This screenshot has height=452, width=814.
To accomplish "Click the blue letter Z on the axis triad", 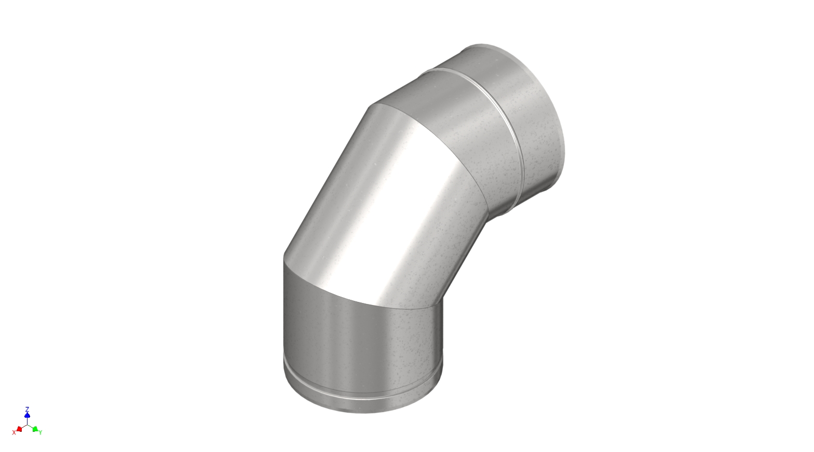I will tap(27, 409).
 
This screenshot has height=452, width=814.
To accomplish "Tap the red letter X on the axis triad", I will tap(14, 432).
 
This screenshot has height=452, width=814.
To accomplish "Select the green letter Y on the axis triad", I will tap(40, 432).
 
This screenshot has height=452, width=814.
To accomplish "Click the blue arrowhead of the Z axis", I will tap(27, 415).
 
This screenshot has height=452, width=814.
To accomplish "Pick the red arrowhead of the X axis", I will tap(19, 429).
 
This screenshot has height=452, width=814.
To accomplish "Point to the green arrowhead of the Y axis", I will tap(35, 429).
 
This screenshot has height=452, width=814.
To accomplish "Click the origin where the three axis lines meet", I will tap(27, 424).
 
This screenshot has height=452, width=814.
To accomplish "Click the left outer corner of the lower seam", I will tap(284, 256).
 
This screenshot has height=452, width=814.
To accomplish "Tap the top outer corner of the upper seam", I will tap(370, 108).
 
